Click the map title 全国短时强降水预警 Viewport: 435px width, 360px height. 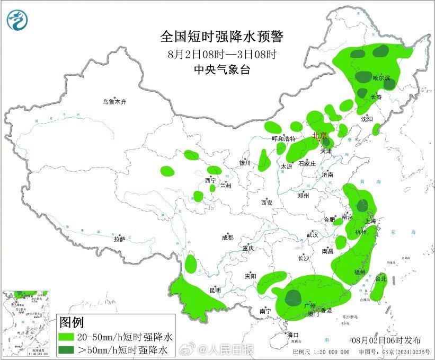pos(223,37)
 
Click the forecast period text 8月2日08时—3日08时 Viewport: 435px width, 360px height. pos(222,54)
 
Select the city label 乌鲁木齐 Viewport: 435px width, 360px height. pos(115,101)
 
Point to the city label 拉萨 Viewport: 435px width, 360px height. pos(119,239)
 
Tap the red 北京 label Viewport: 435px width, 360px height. pos(320,136)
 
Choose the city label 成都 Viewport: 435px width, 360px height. pos(228,238)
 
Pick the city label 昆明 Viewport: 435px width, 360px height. pos(215,290)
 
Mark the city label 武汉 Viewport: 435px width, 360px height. pos(312,234)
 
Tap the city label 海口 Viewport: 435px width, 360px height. pos(293,335)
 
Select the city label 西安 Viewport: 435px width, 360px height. pos(267,202)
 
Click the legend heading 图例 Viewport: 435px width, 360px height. pos(72,322)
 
